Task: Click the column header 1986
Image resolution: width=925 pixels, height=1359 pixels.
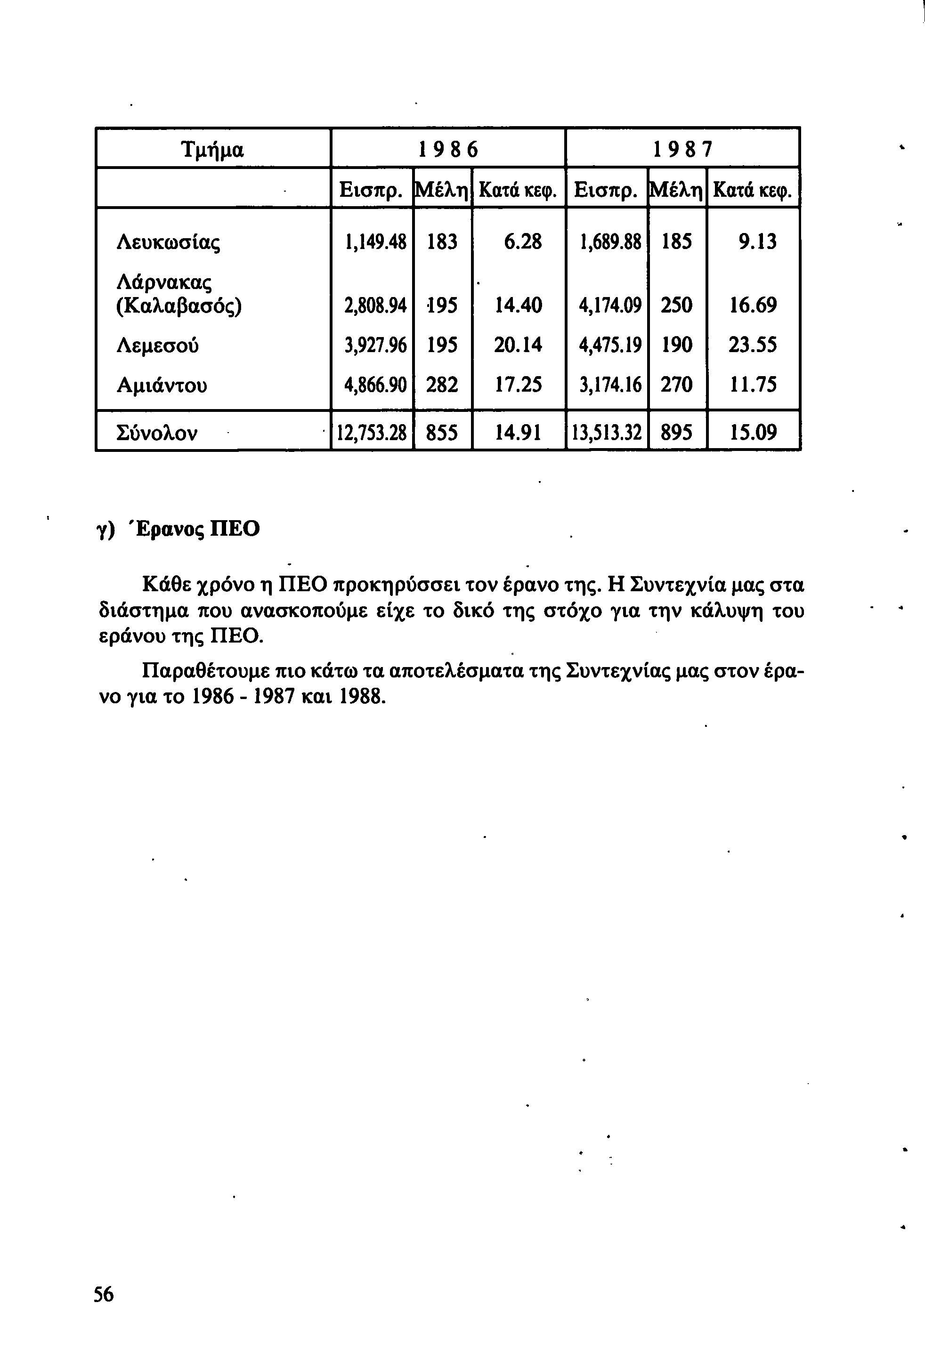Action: click(x=448, y=150)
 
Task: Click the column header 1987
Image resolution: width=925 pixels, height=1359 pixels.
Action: click(x=683, y=150)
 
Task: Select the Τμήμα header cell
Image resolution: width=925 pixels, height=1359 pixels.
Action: click(x=213, y=150)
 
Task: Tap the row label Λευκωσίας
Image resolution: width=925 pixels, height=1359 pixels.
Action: click(x=169, y=241)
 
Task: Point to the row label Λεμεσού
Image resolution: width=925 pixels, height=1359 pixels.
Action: click(x=158, y=345)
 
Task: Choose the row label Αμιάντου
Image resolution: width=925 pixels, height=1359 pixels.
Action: click(x=162, y=385)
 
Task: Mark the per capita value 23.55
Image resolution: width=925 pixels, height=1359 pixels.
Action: click(x=753, y=345)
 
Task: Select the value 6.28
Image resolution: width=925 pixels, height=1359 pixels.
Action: click(x=522, y=241)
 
